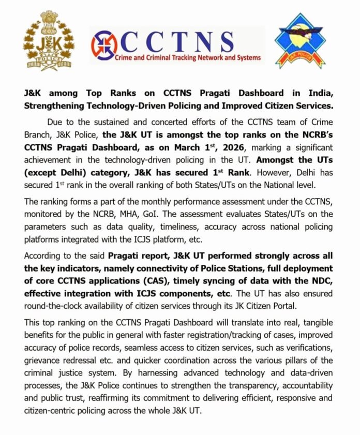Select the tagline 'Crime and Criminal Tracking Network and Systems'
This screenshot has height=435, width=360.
click(x=188, y=58)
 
